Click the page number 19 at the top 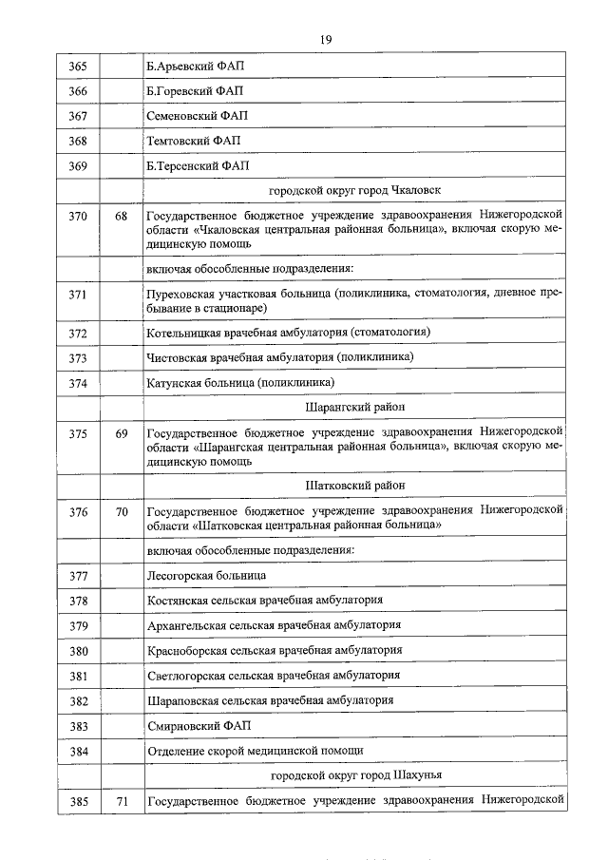325,39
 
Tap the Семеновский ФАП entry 197,116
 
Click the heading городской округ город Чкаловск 354,190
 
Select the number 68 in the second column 121,216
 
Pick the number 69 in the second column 121,433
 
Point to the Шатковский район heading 354,485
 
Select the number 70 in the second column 121,511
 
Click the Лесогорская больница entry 207,575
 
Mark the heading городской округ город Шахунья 354,775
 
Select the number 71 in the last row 121,802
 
